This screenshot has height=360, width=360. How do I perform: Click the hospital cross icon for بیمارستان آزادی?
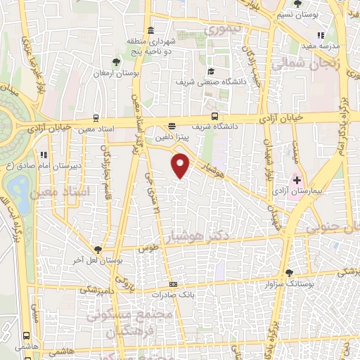297,181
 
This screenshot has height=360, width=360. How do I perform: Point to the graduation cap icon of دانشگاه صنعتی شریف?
211,72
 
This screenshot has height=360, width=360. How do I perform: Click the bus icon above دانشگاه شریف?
214,117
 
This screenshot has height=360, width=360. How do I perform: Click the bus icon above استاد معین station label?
96,118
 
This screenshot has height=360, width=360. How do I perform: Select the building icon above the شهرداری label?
151,30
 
